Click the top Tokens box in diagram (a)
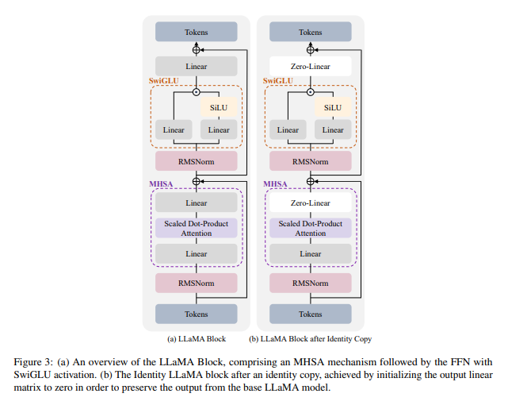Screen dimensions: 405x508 197,32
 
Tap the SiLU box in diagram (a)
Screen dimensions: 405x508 218,107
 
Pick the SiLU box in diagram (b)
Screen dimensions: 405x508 333,107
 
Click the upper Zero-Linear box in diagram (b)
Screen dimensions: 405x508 310,66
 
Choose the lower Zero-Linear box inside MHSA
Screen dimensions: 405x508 310,203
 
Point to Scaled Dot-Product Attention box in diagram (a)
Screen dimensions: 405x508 197,228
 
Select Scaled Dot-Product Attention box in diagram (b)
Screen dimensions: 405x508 310,228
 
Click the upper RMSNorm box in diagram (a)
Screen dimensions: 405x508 197,160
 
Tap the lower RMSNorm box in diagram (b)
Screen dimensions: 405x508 310,282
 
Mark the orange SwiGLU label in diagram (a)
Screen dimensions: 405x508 165,81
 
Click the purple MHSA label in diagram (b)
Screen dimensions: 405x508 277,184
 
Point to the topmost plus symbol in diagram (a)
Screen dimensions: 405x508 197,49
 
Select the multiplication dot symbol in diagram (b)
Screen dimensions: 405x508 310,91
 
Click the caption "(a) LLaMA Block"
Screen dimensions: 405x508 197,339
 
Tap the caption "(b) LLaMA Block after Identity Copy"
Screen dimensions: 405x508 311,339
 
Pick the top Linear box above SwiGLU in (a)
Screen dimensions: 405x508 197,66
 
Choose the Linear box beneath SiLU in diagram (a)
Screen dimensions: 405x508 218,130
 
